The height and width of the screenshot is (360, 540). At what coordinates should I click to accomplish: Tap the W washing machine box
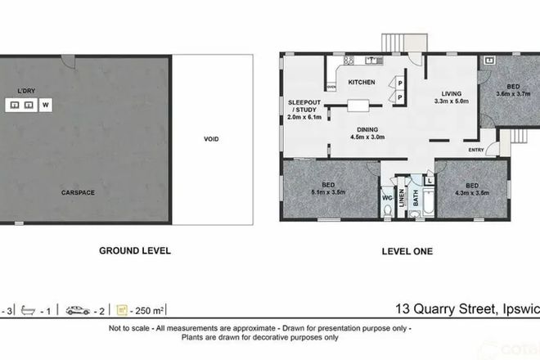[45, 105]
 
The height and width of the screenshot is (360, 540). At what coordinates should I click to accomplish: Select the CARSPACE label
[79, 192]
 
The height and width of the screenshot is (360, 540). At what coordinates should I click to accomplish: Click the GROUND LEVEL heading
[135, 250]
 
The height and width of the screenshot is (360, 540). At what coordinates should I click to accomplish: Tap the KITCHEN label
[362, 83]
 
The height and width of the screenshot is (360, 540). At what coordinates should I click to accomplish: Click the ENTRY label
[476, 150]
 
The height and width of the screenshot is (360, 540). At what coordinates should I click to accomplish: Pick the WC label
[387, 197]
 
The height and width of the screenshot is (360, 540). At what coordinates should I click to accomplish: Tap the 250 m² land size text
[151, 311]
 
